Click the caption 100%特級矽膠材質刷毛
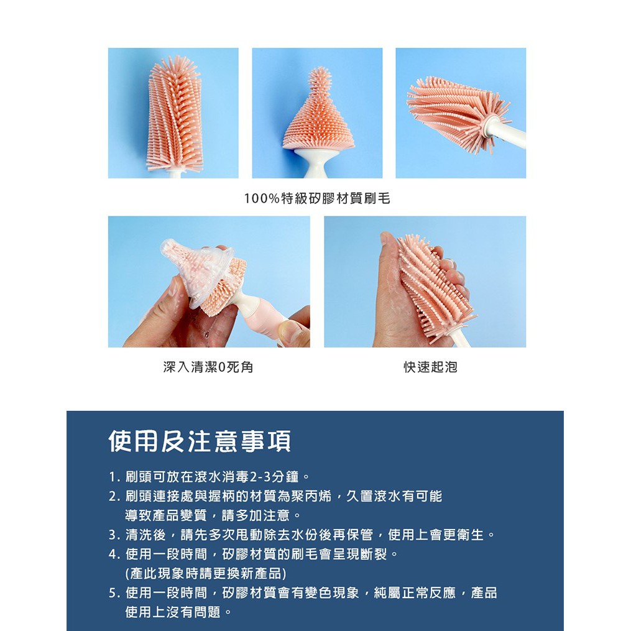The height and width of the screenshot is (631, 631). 317,198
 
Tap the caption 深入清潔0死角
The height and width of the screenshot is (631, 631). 208,367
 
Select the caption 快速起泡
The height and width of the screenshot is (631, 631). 431,367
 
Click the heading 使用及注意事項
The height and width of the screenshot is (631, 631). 200,441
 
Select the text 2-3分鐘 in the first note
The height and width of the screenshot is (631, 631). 274,477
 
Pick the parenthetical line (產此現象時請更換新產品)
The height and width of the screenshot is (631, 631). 206,573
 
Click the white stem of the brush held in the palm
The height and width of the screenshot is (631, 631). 461,338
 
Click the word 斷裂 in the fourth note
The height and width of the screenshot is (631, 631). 374,555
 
